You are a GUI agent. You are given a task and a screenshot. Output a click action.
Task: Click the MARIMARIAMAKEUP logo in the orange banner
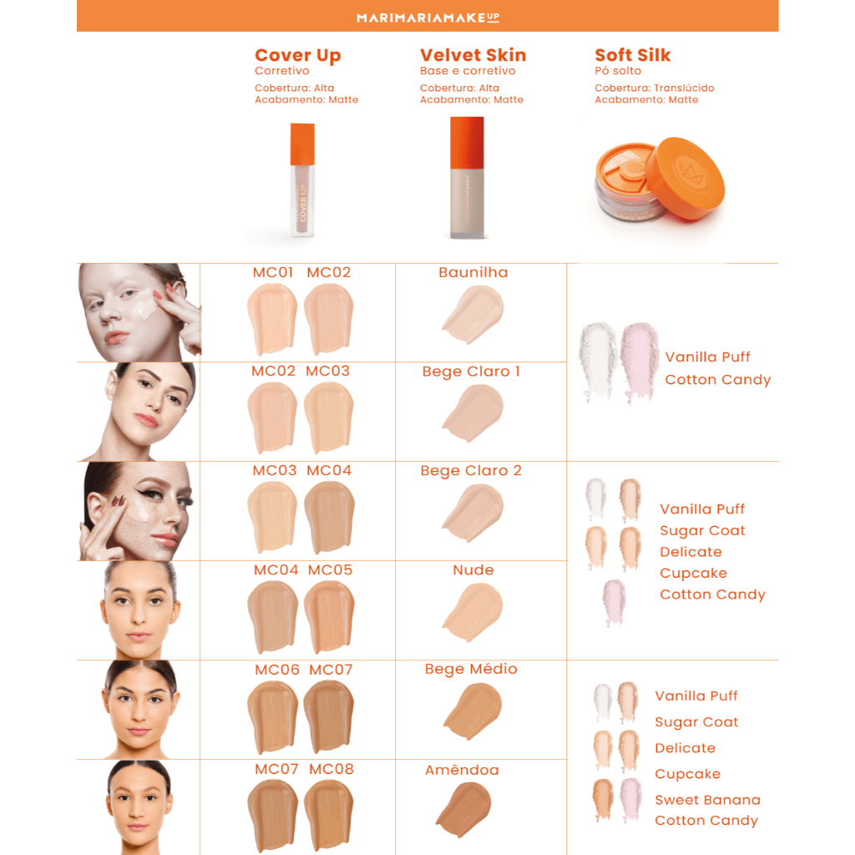(427, 18)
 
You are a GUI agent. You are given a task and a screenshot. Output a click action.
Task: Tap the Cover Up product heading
(298, 56)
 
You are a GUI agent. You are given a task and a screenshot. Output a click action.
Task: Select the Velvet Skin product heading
(473, 55)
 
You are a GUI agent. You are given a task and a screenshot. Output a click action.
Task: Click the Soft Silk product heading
(633, 55)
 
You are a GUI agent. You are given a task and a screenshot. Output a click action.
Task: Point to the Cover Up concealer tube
(302, 180)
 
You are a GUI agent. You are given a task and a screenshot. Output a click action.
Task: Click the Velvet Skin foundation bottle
(467, 178)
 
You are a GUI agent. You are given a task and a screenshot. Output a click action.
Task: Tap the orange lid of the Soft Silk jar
(686, 178)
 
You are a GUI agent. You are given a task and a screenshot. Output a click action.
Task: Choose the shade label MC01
(273, 272)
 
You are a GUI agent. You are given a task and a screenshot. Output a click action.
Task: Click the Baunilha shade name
(473, 272)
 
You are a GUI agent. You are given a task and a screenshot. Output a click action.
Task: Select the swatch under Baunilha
(473, 315)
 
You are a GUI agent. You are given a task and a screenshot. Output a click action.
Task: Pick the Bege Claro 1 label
(471, 372)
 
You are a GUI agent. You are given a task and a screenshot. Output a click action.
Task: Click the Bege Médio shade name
(471, 669)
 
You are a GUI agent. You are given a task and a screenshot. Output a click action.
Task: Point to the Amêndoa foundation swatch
(464, 809)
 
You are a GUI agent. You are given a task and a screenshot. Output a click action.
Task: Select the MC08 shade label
(331, 769)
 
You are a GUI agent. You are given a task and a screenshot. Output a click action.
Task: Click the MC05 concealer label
(330, 569)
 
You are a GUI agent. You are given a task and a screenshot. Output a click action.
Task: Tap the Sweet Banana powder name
(707, 800)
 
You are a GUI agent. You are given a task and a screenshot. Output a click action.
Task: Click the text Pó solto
(618, 71)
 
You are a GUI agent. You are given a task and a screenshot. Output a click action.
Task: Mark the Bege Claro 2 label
(471, 471)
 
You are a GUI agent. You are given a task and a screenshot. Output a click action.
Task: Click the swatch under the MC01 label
(272, 320)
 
